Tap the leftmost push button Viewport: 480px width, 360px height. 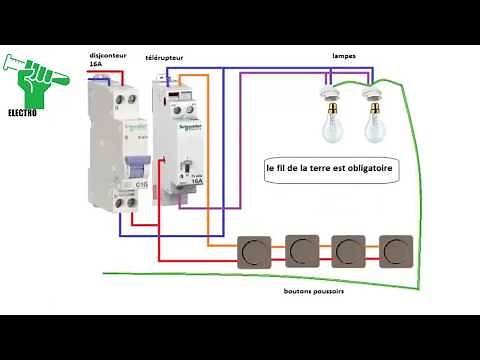(255, 250)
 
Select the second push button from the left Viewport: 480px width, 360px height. (301, 250)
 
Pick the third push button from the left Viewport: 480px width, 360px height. (348, 250)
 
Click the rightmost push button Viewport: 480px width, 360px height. (396, 250)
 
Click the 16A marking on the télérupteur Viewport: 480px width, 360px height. (195, 181)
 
